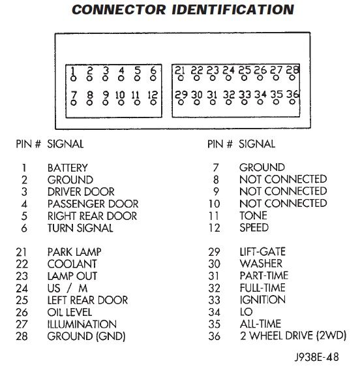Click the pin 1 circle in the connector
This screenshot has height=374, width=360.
coord(74,78)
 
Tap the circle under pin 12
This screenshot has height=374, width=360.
coord(153,102)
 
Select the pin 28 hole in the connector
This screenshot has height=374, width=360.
coord(292,78)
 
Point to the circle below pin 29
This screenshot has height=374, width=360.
coord(181,102)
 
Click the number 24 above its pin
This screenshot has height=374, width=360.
coord(228,70)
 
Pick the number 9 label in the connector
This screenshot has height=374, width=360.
coord(106,95)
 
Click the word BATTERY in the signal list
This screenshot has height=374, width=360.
coord(68,168)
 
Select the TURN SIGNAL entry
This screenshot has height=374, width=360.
coord(80,228)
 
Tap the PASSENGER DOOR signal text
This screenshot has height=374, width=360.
coord(93,204)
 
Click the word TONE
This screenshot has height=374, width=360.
coord(253,215)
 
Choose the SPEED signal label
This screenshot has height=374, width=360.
coord(254,228)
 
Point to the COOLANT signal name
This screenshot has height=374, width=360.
coord(72,264)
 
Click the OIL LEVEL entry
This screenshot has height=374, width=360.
coord(70,312)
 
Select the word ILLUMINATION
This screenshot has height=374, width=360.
coord(82,324)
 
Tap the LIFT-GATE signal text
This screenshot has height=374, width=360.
coord(263,252)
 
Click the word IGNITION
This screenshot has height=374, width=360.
coord(263,300)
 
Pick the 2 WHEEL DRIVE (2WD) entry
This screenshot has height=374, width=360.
coord(293,336)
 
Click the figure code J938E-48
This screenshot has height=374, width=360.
coord(316,357)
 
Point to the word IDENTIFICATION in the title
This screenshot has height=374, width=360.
coord(233,10)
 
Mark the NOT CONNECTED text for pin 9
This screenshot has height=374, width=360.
coord(283,191)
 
